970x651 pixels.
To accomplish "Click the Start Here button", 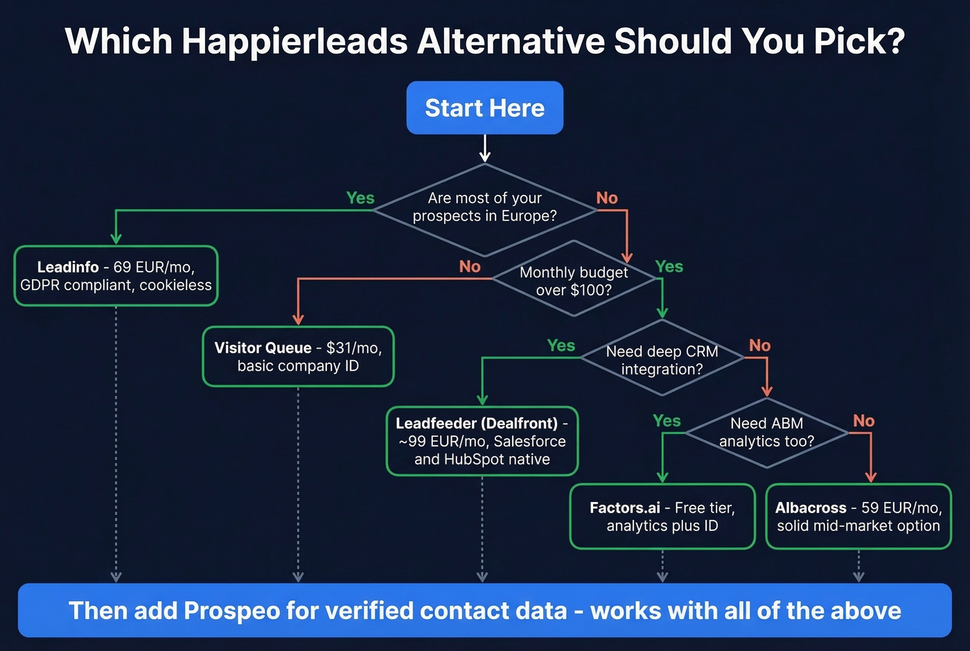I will (x=484, y=108).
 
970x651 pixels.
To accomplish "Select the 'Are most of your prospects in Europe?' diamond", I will (x=484, y=207).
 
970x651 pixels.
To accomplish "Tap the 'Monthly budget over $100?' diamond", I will (x=574, y=281).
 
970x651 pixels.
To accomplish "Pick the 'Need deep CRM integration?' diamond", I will (x=662, y=360).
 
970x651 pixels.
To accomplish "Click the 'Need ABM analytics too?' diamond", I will (x=766, y=433).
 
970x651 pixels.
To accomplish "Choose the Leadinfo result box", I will (x=116, y=276).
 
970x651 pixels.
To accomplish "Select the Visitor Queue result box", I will (x=298, y=356).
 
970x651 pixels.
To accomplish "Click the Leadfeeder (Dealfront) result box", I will (x=482, y=441).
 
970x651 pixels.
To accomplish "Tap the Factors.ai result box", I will (x=662, y=517).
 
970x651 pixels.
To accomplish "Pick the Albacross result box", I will (x=858, y=517).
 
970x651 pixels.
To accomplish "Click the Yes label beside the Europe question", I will (x=360, y=198).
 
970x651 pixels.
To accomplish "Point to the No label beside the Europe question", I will (x=607, y=198).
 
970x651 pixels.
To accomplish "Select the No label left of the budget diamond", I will (x=470, y=267).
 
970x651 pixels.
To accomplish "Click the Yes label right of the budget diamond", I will (x=669, y=267).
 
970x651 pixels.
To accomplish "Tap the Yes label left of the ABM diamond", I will (x=667, y=421).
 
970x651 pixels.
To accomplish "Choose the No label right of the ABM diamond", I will (x=863, y=421).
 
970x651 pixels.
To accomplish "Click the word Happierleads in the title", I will (x=294, y=42).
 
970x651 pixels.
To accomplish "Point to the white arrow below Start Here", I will (x=485, y=148).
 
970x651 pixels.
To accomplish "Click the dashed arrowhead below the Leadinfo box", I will (x=116, y=576).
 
